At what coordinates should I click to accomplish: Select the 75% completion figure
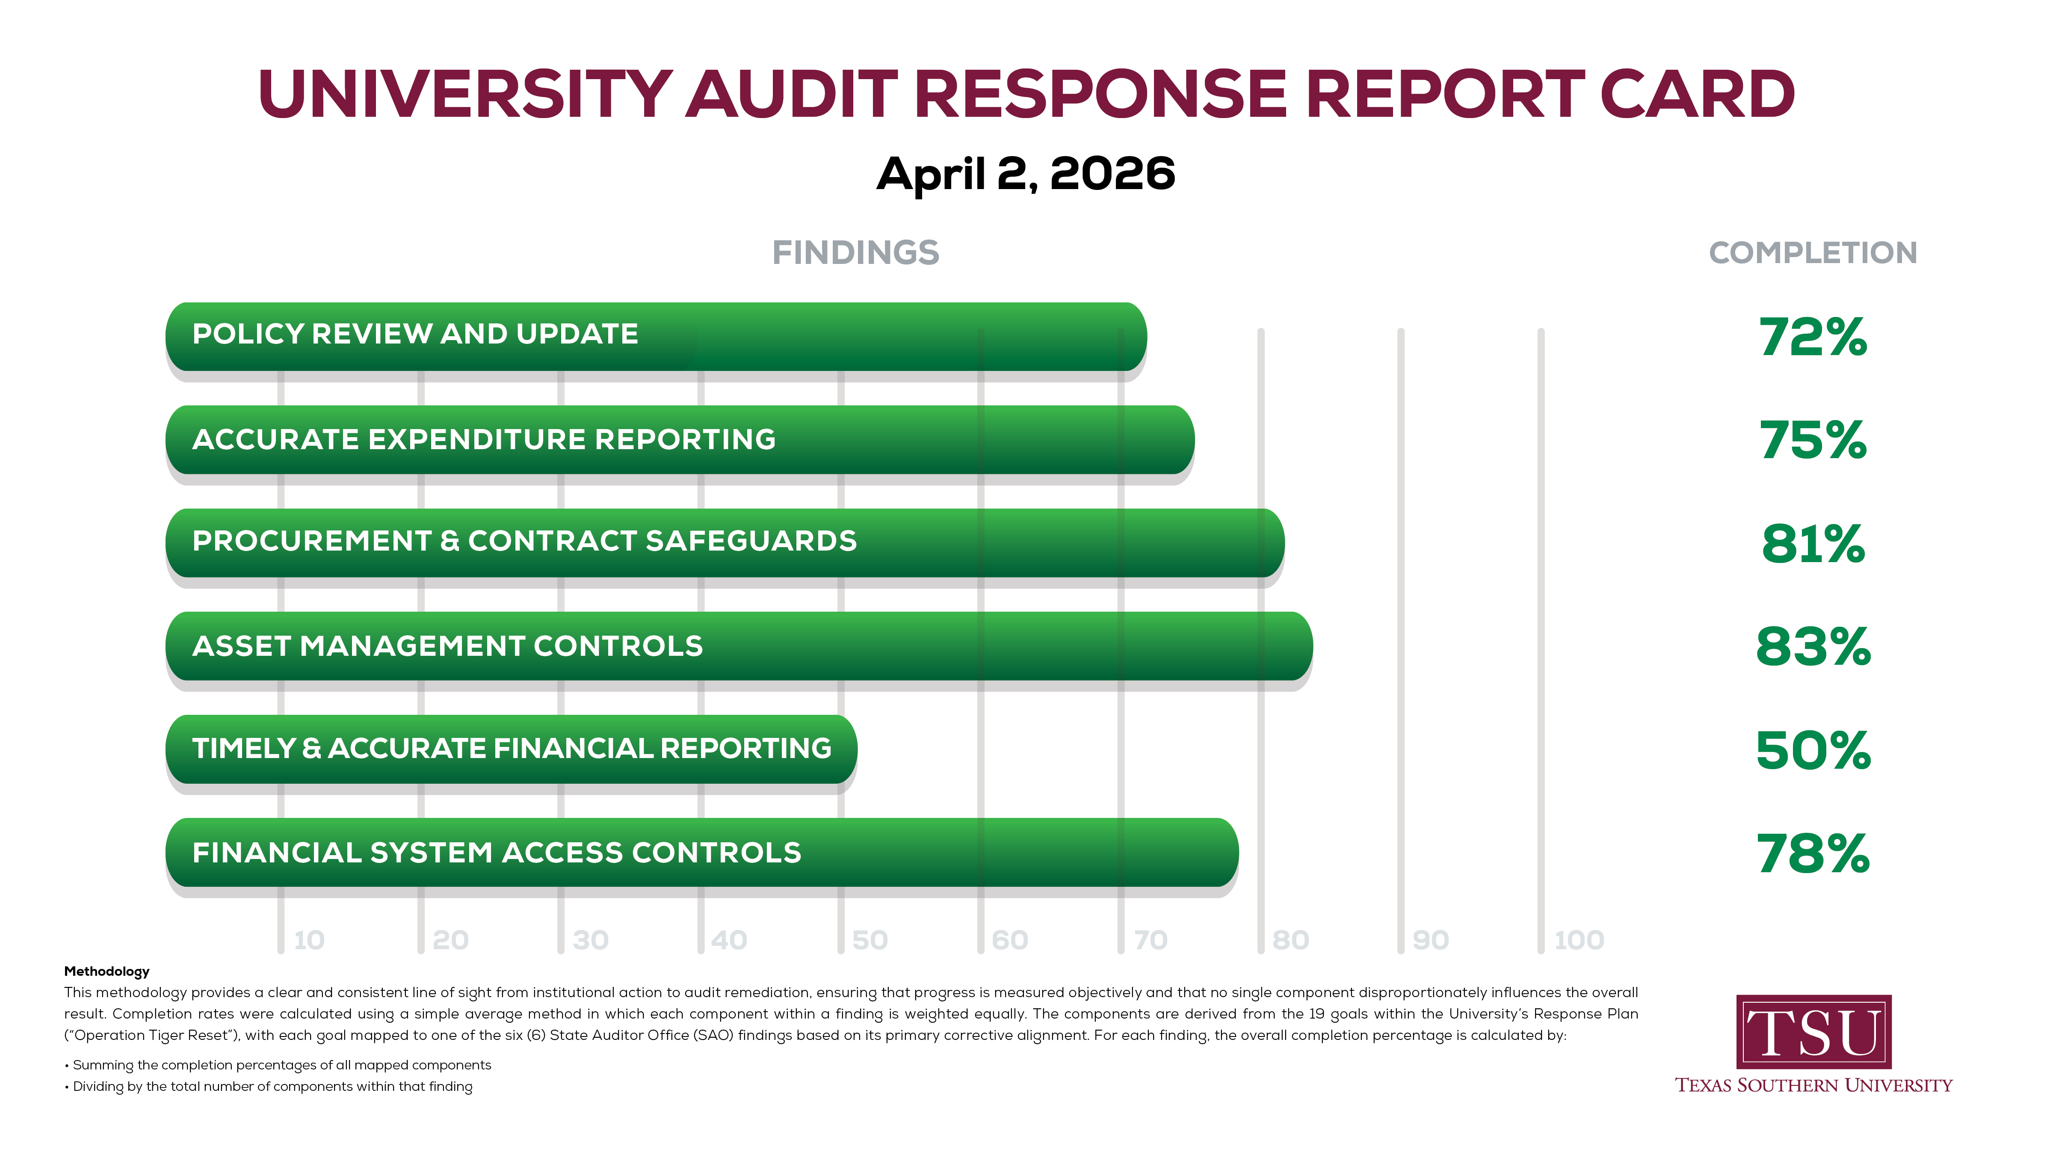pos(1812,440)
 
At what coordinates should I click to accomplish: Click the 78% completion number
pos(1812,854)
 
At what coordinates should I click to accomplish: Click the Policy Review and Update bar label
pos(415,334)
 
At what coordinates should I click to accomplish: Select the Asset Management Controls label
pos(447,646)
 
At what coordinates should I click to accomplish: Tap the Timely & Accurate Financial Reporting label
pos(512,749)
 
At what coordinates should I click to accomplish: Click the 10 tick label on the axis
pos(309,941)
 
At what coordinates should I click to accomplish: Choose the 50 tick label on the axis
pos(870,941)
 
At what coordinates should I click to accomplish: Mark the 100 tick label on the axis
pos(1579,941)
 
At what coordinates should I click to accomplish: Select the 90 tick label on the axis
pos(1431,941)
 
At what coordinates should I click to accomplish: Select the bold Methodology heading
pos(107,971)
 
